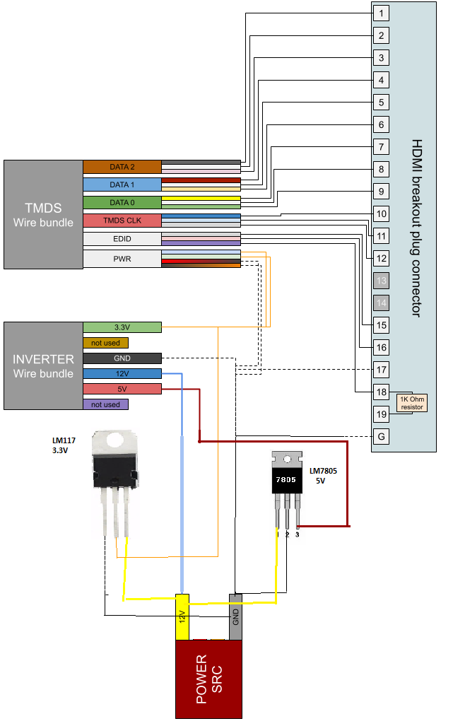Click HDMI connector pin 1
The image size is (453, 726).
click(381, 13)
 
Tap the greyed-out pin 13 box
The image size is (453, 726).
click(381, 280)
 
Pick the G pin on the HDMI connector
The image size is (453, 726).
click(381, 436)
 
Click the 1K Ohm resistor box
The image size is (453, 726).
click(412, 403)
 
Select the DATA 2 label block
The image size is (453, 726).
click(122, 167)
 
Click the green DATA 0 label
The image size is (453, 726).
click(122, 203)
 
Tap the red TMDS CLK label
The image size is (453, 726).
click(122, 221)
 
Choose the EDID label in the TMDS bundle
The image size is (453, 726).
click(122, 239)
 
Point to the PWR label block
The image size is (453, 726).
click(122, 259)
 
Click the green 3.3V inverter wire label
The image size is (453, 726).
click(122, 327)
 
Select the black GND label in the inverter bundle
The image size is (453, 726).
click(122, 358)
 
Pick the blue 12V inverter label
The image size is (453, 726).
click(122, 373)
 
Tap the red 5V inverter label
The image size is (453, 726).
click(122, 389)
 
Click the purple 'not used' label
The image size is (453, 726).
click(105, 404)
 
